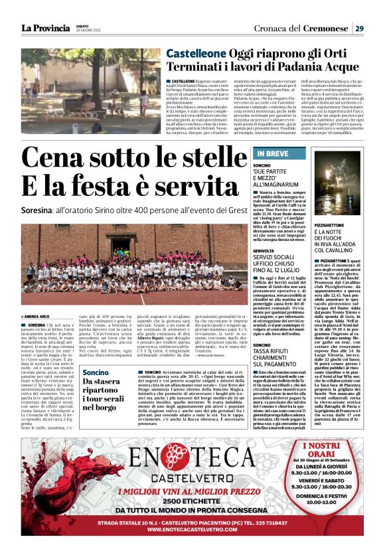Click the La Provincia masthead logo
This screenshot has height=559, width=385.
point(44,29)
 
